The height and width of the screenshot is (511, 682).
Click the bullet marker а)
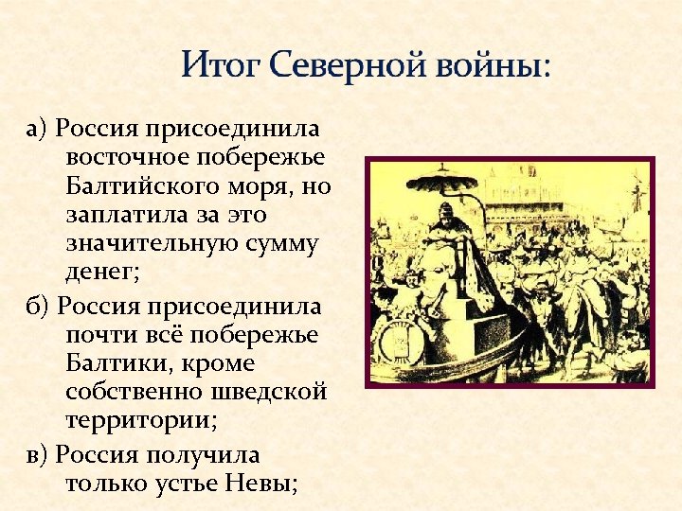coord(37,127)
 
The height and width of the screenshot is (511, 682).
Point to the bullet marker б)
coord(38,307)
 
